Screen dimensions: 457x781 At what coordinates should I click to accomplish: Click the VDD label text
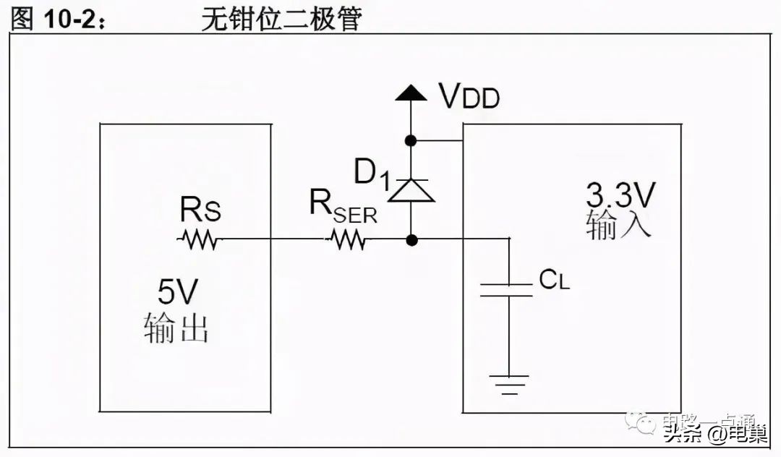coord(469,95)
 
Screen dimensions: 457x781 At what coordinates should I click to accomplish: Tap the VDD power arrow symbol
coord(411,93)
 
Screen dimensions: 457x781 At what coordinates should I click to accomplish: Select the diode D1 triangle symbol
coord(411,190)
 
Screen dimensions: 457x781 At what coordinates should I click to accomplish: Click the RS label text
coord(200,212)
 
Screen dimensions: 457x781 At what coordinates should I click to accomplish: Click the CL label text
coord(554,281)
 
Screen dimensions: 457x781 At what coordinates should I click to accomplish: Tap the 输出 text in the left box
coord(177,328)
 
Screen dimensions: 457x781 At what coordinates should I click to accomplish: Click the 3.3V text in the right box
coord(619,195)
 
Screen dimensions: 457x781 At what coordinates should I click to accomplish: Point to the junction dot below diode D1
coord(411,239)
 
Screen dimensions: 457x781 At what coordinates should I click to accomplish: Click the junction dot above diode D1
coord(411,140)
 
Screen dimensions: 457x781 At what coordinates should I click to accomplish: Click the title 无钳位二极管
coord(281,20)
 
